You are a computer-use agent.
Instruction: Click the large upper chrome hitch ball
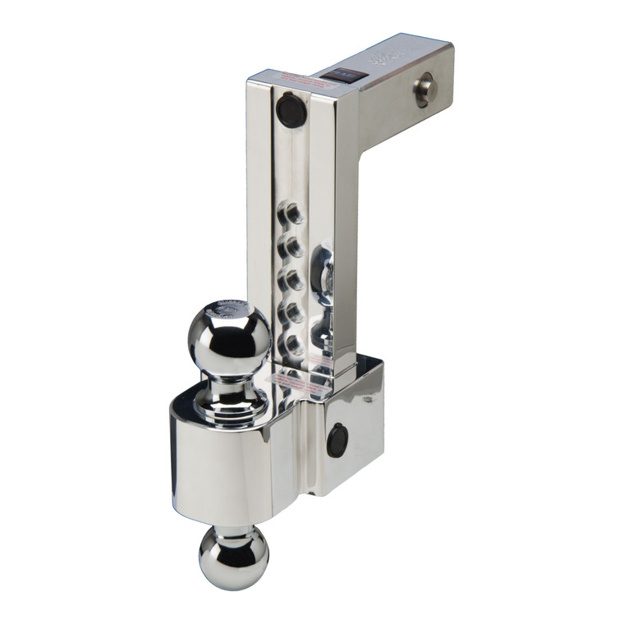pyautogui.click(x=229, y=337)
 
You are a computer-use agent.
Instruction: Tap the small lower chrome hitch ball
pyautogui.click(x=233, y=557)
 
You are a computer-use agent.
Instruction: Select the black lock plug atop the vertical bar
pyautogui.click(x=291, y=109)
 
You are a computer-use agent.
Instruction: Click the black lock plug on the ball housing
pyautogui.click(x=337, y=441)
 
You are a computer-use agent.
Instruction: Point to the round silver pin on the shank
pyautogui.click(x=424, y=89)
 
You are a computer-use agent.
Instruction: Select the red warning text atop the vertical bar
pyautogui.click(x=301, y=79)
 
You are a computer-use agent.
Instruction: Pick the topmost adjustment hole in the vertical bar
pyautogui.click(x=291, y=216)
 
